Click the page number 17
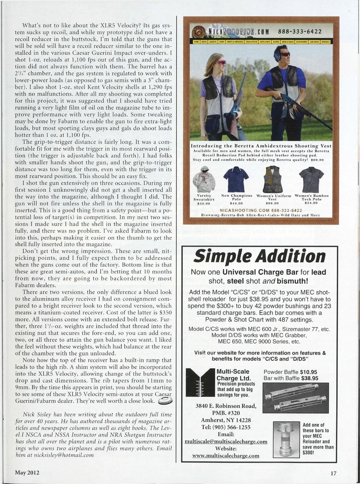pos(333,473)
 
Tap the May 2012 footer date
pos(27,473)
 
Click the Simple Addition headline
pos(259,257)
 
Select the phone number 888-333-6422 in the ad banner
pos(300,32)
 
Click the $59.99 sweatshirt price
pos(204,203)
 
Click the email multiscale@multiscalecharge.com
pos(226,442)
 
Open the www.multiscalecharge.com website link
pos(226,455)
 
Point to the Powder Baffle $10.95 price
pos(290,372)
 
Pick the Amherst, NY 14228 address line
pos(226,420)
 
